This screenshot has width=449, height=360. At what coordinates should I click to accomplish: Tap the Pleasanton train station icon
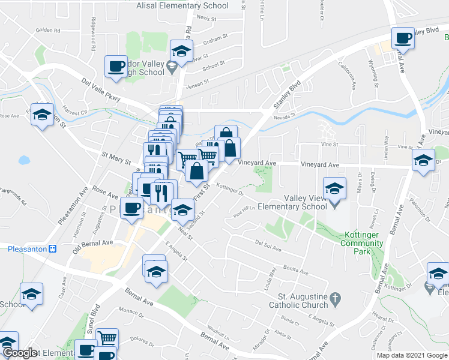coord(52,248)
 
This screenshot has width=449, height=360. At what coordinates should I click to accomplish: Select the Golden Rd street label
coord(48,29)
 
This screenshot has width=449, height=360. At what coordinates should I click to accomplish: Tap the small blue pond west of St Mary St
coord(23,160)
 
